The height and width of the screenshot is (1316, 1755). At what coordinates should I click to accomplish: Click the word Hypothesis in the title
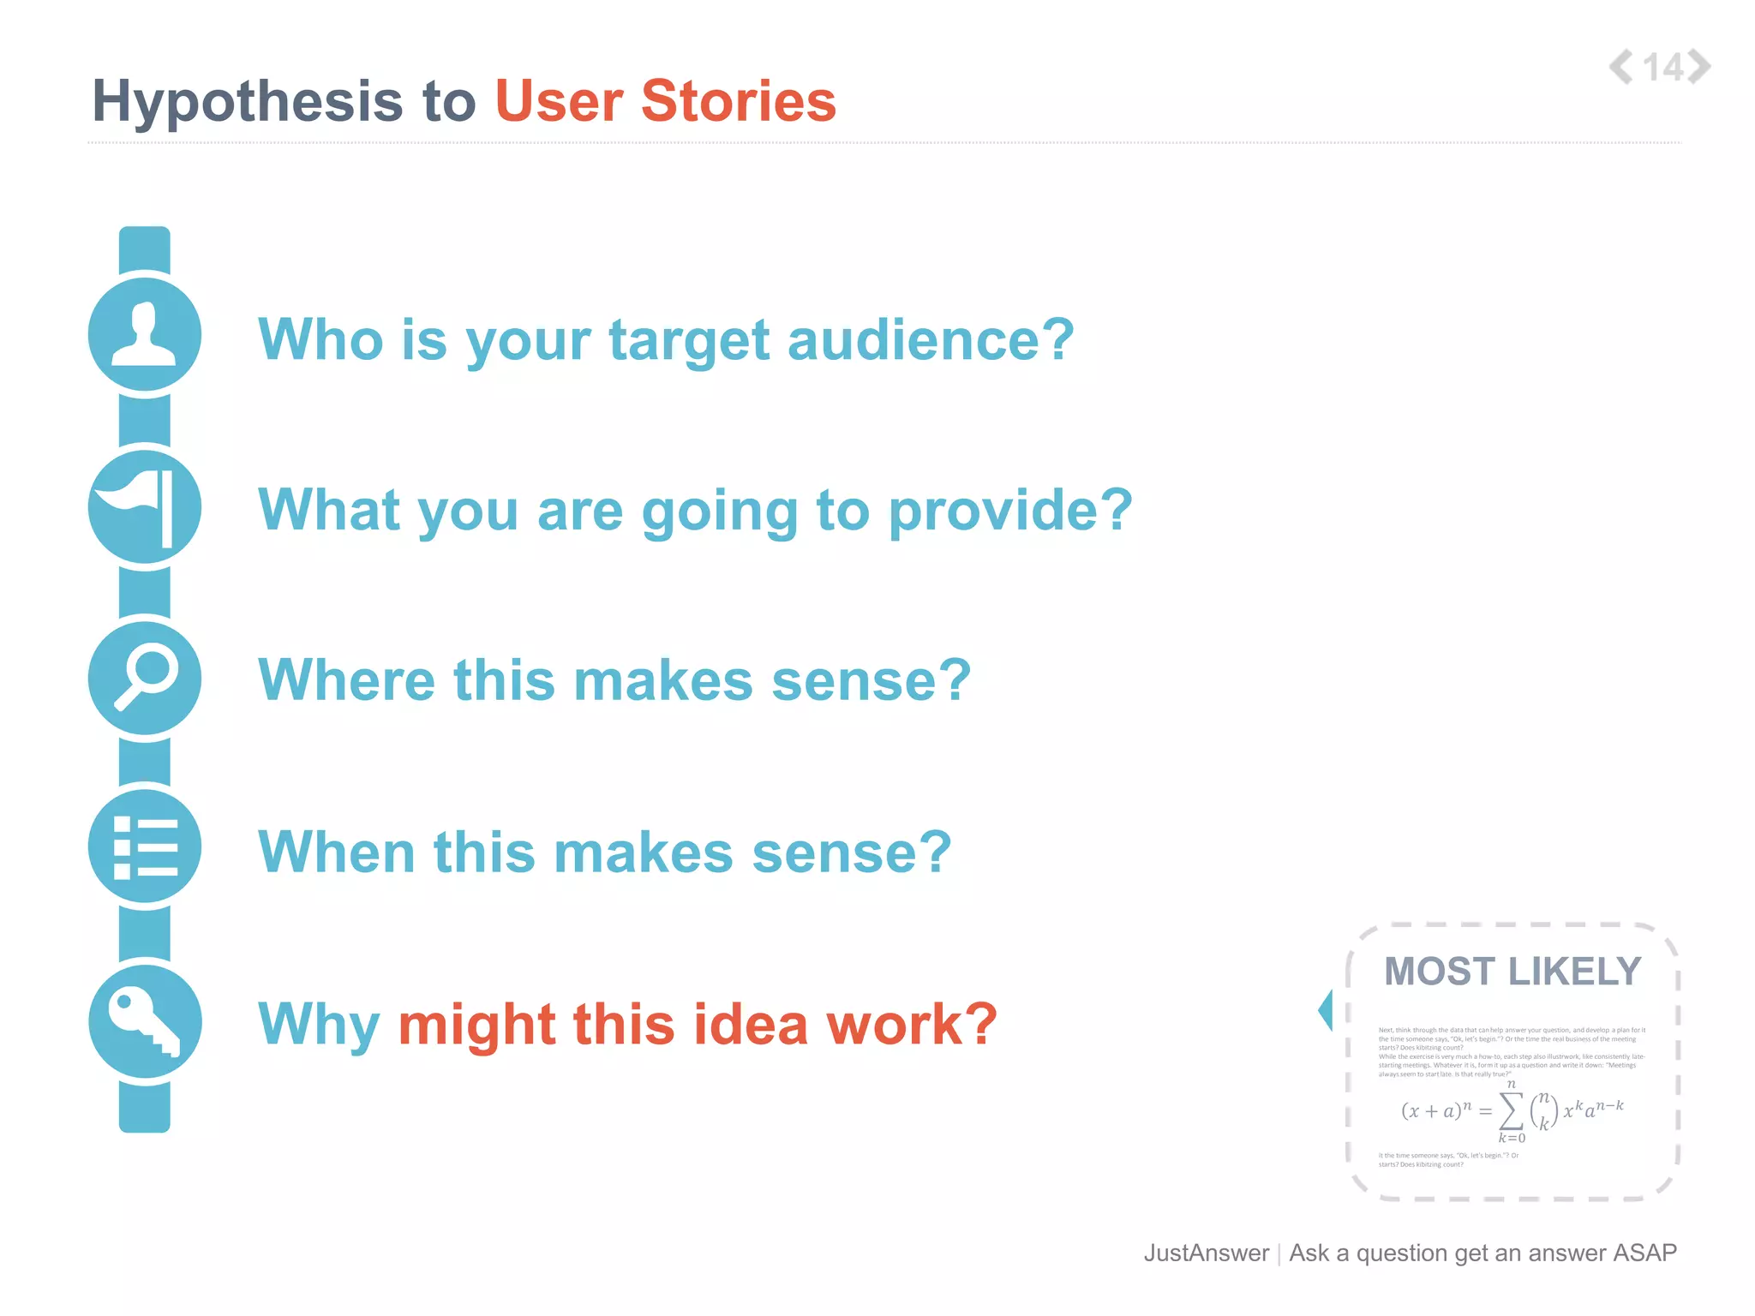(247, 101)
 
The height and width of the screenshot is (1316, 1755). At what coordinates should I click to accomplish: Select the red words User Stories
(665, 101)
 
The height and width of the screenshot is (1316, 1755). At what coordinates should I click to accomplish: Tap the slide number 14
(1662, 68)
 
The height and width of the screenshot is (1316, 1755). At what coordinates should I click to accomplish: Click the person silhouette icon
(145, 335)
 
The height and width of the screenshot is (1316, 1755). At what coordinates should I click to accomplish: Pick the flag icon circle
(145, 507)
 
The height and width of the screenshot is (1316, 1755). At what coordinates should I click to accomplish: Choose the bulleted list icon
(145, 847)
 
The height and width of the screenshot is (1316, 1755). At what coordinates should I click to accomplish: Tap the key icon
(145, 1021)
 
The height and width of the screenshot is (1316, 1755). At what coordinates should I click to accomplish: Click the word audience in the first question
(930, 340)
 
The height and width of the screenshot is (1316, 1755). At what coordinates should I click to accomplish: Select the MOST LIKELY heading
(1512, 972)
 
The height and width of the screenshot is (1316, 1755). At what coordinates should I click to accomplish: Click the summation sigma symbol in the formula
(1512, 1111)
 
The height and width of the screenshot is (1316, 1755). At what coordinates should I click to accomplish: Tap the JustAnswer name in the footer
(1206, 1253)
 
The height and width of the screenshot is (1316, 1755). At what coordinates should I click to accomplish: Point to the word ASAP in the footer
(1644, 1253)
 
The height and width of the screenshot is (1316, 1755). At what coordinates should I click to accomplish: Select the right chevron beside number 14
(1699, 67)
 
